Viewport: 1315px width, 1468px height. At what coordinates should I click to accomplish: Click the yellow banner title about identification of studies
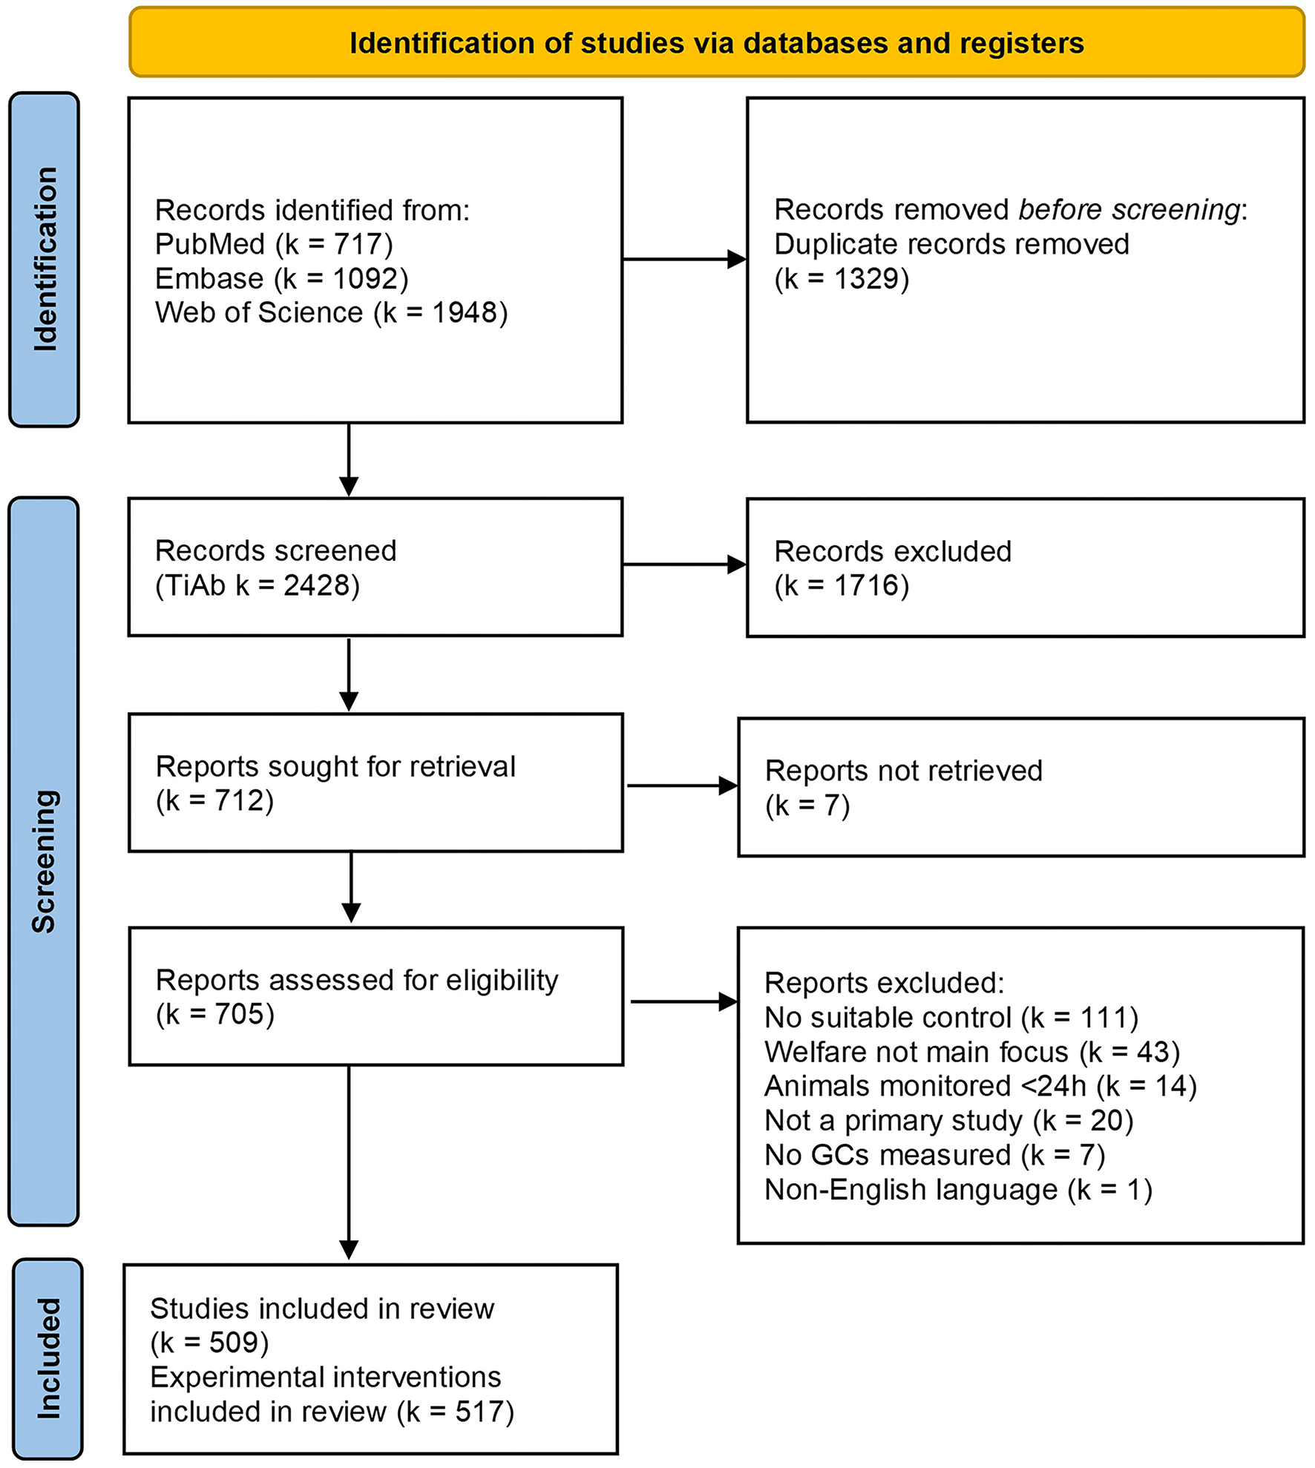[x=716, y=43]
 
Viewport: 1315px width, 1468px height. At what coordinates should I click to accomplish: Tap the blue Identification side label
[x=45, y=259]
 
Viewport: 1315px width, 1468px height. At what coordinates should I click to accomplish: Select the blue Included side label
[x=48, y=1359]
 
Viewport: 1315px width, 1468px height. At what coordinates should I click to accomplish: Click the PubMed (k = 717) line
[x=274, y=244]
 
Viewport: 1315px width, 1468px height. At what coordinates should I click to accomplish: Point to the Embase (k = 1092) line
[x=281, y=279]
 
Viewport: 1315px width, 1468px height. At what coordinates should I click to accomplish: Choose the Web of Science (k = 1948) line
[x=331, y=312]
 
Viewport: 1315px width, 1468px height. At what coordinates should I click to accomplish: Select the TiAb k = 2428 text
[x=257, y=585]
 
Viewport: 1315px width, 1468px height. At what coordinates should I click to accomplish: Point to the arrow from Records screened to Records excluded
[x=683, y=565]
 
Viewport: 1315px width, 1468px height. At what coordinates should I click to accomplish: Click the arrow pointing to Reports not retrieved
[x=682, y=786]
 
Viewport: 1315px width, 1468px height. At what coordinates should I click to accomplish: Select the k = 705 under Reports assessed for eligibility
[x=215, y=1014]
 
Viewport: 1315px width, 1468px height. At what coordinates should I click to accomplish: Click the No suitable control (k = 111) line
[x=951, y=1018]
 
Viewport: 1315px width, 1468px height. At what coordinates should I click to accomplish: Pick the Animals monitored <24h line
[x=980, y=1086]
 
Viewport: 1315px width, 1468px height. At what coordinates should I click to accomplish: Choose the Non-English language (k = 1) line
[x=958, y=1190]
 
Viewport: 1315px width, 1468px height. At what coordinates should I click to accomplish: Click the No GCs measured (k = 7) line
[x=934, y=1155]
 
